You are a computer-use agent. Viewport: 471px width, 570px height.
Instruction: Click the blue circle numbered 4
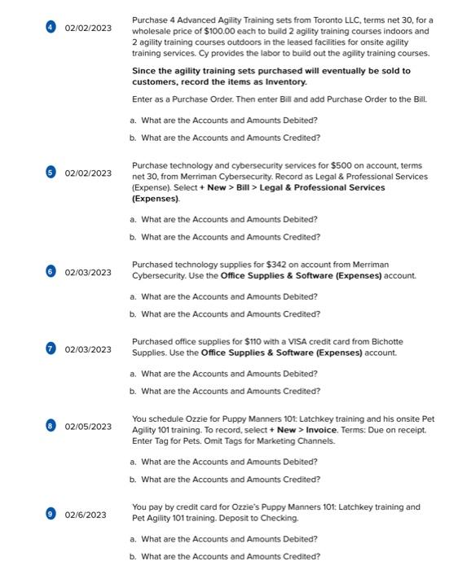(x=51, y=28)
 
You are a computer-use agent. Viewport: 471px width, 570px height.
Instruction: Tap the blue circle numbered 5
(x=51, y=173)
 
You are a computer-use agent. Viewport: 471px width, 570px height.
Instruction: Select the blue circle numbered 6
(x=51, y=272)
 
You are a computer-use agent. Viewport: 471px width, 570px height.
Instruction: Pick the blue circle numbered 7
(x=51, y=349)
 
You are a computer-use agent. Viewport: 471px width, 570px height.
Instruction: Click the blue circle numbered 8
(x=51, y=427)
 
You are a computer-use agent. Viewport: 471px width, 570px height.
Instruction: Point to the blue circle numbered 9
(x=51, y=514)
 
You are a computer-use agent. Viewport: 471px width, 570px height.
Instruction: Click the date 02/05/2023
(x=88, y=427)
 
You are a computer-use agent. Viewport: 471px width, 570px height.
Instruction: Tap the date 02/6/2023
(x=86, y=515)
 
